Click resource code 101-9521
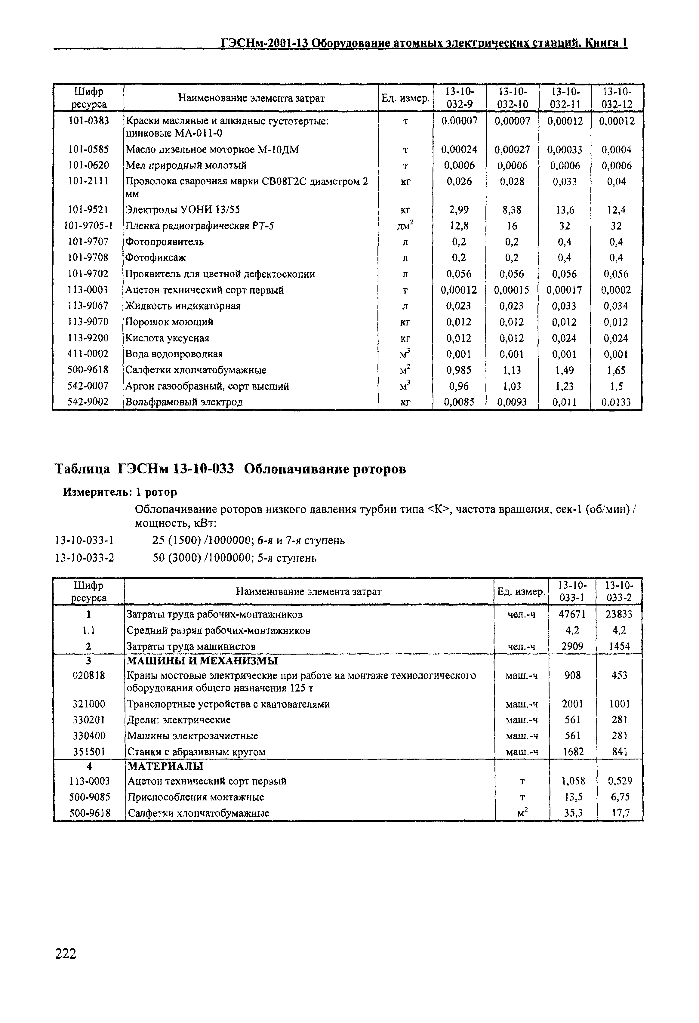click(x=88, y=210)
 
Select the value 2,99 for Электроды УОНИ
click(x=459, y=210)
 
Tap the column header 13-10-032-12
click(x=617, y=98)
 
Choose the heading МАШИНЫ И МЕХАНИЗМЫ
click(x=202, y=661)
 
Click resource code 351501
click(x=89, y=752)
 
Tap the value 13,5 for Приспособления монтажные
click(x=572, y=797)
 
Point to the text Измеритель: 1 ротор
click(x=120, y=492)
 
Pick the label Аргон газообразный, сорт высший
click(x=207, y=386)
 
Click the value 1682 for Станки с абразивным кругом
click(x=572, y=752)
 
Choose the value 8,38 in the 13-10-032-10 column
click(x=512, y=210)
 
